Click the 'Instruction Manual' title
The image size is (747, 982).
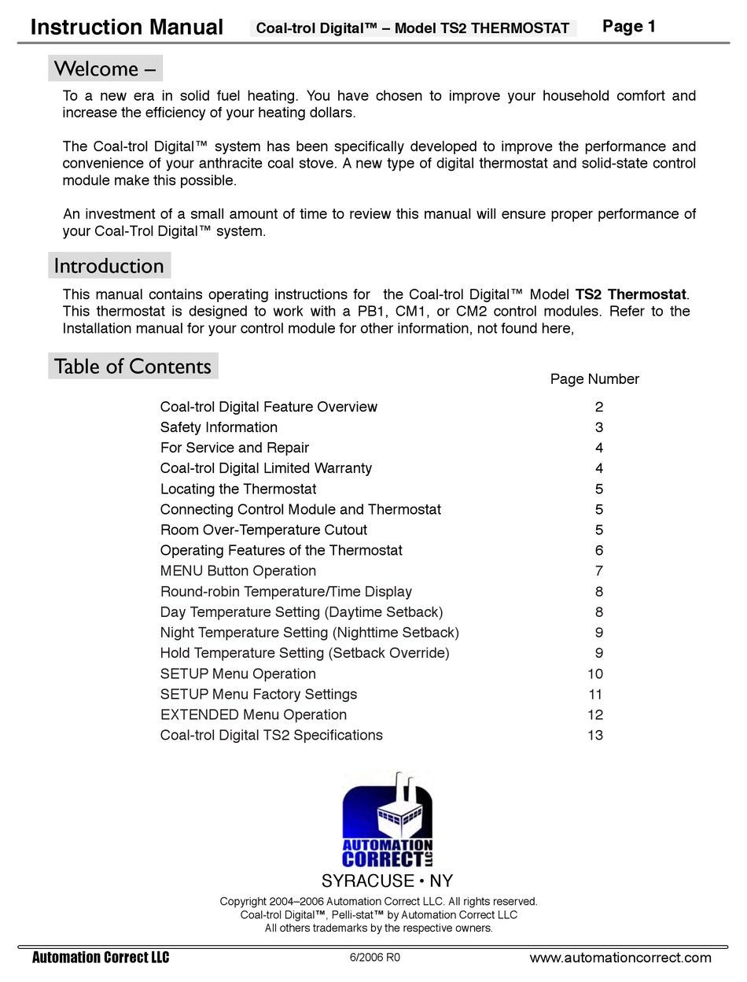(127, 28)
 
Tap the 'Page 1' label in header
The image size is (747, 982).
(628, 27)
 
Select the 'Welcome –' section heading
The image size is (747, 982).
(105, 68)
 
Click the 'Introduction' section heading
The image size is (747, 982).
(109, 266)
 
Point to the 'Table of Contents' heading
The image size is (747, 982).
(132, 367)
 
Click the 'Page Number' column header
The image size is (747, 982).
(594, 379)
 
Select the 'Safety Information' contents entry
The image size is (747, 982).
(219, 427)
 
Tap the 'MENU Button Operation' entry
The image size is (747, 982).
(237, 570)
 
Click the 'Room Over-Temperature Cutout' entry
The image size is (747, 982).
(263, 530)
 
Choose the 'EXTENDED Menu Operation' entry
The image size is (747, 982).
(253, 714)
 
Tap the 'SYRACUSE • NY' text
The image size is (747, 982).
(387, 880)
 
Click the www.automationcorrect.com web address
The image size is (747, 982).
(620, 958)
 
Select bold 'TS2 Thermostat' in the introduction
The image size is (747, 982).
(631, 294)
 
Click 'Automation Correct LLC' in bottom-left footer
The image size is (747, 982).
(100, 958)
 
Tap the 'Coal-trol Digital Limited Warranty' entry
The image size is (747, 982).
(266, 468)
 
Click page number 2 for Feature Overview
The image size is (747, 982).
(598, 407)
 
